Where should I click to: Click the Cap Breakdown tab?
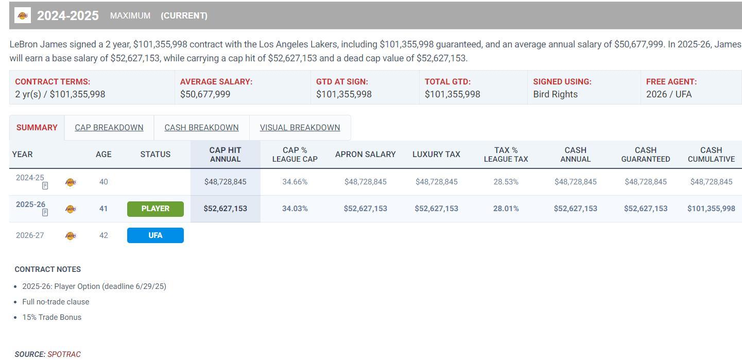tap(109, 128)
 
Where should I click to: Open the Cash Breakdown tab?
tap(201, 128)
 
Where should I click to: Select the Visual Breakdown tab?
tap(300, 128)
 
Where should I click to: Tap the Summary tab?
tap(37, 128)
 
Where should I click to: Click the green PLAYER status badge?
tap(155, 209)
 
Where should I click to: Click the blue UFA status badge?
tap(155, 235)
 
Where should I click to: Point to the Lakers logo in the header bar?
tap(23, 15)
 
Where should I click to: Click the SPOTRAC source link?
tap(64, 354)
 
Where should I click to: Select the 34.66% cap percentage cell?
tap(295, 182)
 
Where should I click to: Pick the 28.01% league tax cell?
tap(506, 209)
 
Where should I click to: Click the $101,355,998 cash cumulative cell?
tap(711, 209)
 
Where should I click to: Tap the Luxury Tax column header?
tap(436, 155)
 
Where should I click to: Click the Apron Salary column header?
tap(365, 155)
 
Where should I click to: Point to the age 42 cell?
tap(103, 235)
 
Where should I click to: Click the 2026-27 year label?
tap(30, 235)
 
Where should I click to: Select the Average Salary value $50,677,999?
tap(205, 94)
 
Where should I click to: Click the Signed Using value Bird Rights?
tap(555, 94)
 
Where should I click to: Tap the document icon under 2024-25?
tap(45, 186)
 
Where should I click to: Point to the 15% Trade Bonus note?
tap(51, 317)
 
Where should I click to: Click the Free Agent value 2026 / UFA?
tap(669, 94)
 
